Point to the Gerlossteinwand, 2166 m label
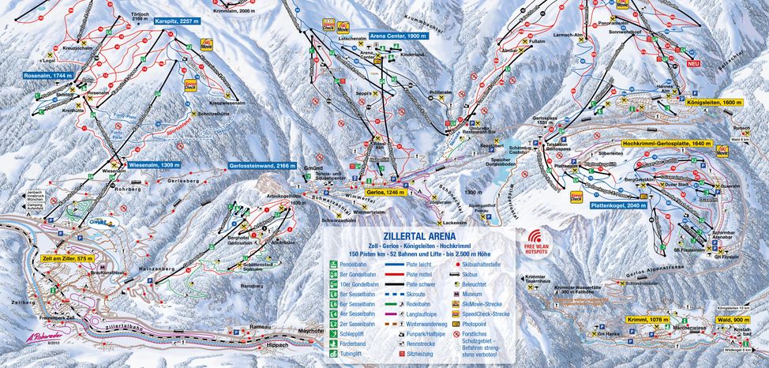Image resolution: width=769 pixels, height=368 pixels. click(x=262, y=167)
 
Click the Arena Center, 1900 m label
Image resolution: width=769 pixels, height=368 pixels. click(x=399, y=36)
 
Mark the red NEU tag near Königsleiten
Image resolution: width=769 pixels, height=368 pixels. click(x=694, y=63)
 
